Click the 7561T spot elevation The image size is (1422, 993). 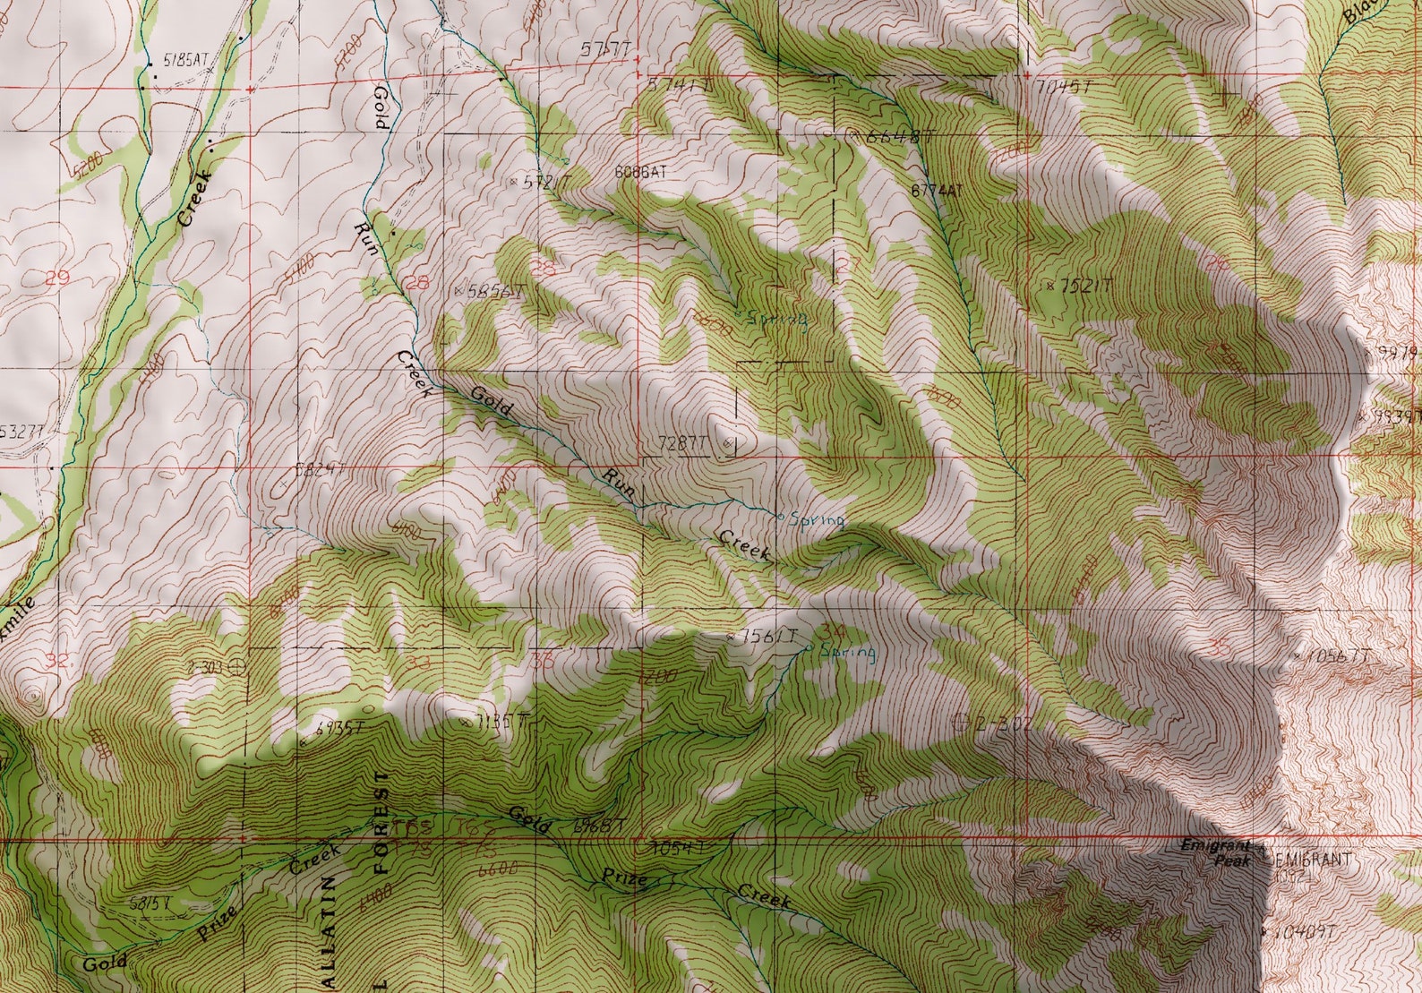coord(763,636)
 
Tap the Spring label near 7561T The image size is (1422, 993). coord(847,651)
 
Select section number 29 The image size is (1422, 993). coord(56,278)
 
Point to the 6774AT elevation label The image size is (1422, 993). coord(935,190)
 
